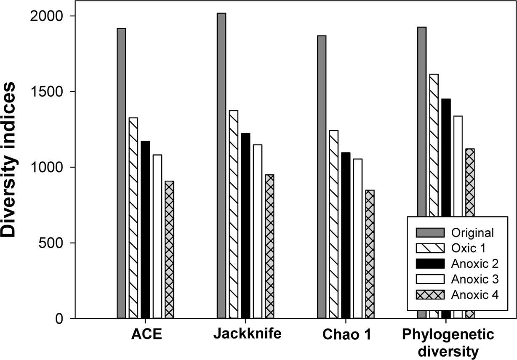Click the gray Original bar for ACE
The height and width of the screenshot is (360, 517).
pyautogui.click(x=122, y=173)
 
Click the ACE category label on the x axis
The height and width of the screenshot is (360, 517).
pyautogui.click(x=145, y=334)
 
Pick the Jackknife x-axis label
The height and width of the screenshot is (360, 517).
pyautogui.click(x=247, y=334)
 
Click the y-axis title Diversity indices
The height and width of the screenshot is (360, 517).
pyautogui.click(x=11, y=160)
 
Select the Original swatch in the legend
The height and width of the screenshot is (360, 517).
pyautogui.click(x=430, y=232)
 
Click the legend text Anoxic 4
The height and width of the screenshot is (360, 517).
pyautogui.click(x=474, y=295)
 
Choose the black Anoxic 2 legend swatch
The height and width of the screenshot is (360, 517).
pyautogui.click(x=430, y=264)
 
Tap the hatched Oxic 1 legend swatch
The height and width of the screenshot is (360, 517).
pyautogui.click(x=430, y=248)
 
